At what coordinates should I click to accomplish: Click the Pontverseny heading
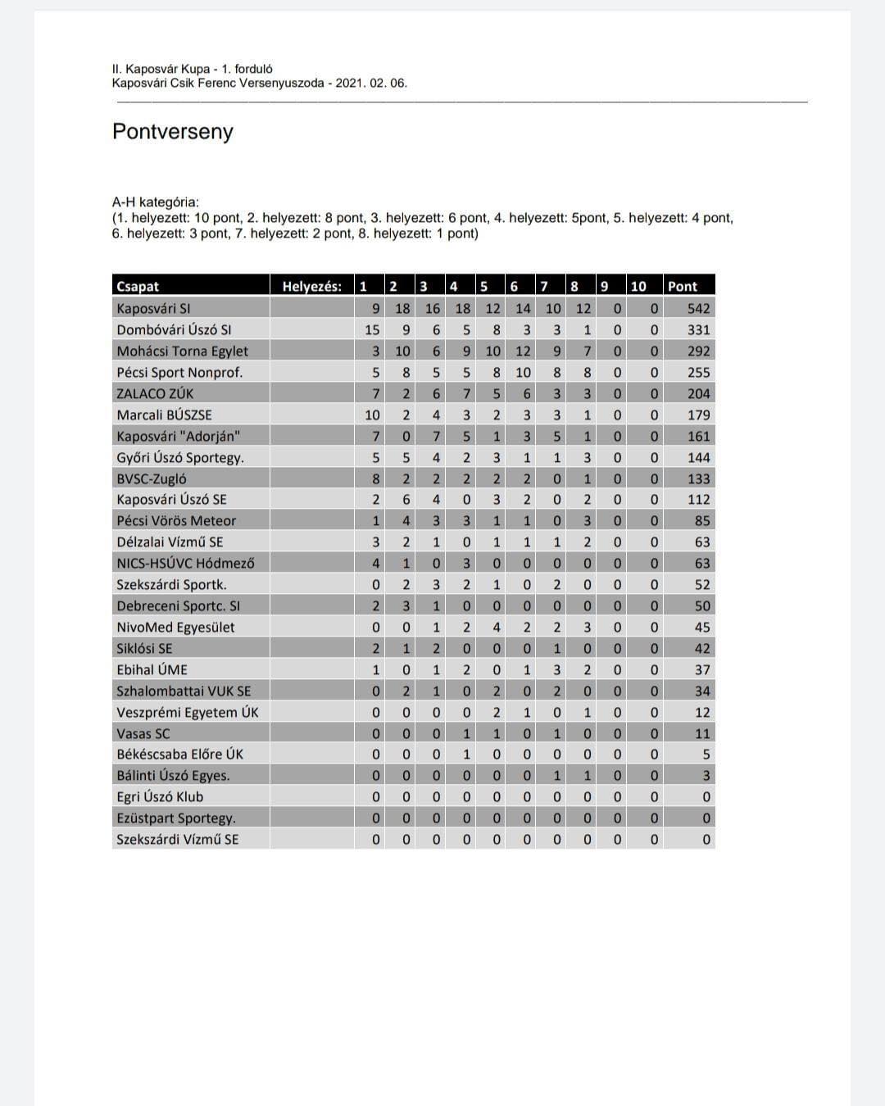[172, 132]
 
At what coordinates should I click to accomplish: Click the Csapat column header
[138, 286]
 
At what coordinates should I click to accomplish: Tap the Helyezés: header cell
[311, 286]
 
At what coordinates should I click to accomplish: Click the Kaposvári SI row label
[153, 309]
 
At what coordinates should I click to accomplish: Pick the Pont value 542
[698, 309]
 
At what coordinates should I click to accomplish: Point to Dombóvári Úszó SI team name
[174, 330]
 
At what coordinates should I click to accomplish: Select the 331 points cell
[698, 330]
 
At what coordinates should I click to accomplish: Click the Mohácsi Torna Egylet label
[182, 351]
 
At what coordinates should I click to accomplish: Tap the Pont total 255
[698, 373]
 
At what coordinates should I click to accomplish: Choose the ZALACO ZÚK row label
[155, 394]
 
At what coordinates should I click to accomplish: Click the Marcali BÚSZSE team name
[164, 415]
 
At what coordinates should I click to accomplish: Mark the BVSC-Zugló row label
[152, 479]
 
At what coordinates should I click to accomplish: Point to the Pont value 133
[698, 479]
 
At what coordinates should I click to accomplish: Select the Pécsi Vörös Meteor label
[176, 521]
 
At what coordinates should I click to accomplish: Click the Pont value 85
[701, 521]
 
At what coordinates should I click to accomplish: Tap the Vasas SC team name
[143, 734]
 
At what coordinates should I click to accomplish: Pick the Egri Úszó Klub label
[160, 797]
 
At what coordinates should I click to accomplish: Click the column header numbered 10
[638, 286]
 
